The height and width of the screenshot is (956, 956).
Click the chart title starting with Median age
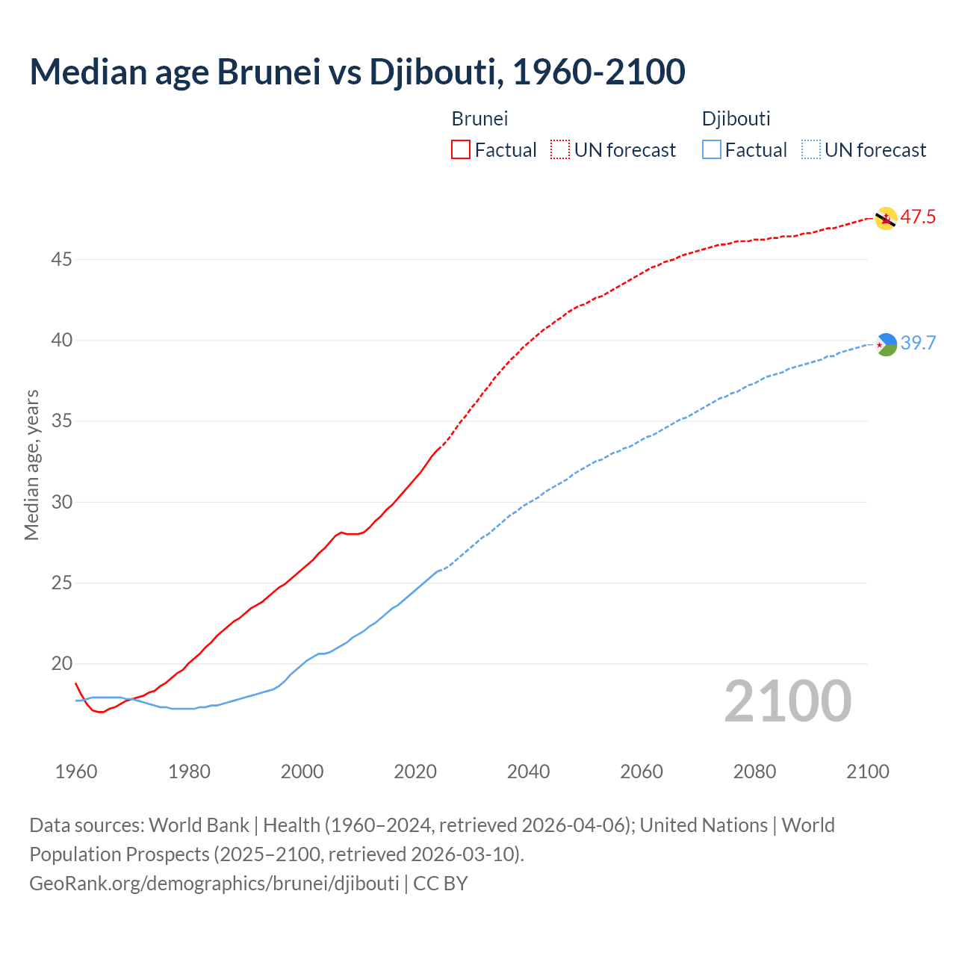coord(357,72)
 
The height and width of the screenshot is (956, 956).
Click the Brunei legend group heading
coord(479,119)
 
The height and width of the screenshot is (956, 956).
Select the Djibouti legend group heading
coord(736,119)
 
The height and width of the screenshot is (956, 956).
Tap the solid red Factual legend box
coord(461,150)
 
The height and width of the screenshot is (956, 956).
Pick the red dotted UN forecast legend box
coord(560,150)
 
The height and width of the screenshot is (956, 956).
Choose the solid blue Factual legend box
coord(712,150)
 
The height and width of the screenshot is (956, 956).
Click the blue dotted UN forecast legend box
coord(810,150)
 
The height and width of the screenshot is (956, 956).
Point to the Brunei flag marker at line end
coord(885,218)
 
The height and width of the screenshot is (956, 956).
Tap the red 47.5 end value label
coord(917,217)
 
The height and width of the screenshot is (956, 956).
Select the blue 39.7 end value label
coord(917,344)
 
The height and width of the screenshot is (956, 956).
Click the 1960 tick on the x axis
coord(76,772)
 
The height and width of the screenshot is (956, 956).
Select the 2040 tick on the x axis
coord(528,772)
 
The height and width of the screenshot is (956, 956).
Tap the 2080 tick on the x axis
coord(754,772)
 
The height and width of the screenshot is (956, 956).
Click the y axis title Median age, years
coord(31,465)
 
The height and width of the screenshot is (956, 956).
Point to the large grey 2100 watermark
coord(787,701)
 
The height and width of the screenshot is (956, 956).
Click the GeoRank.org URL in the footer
coord(214,884)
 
